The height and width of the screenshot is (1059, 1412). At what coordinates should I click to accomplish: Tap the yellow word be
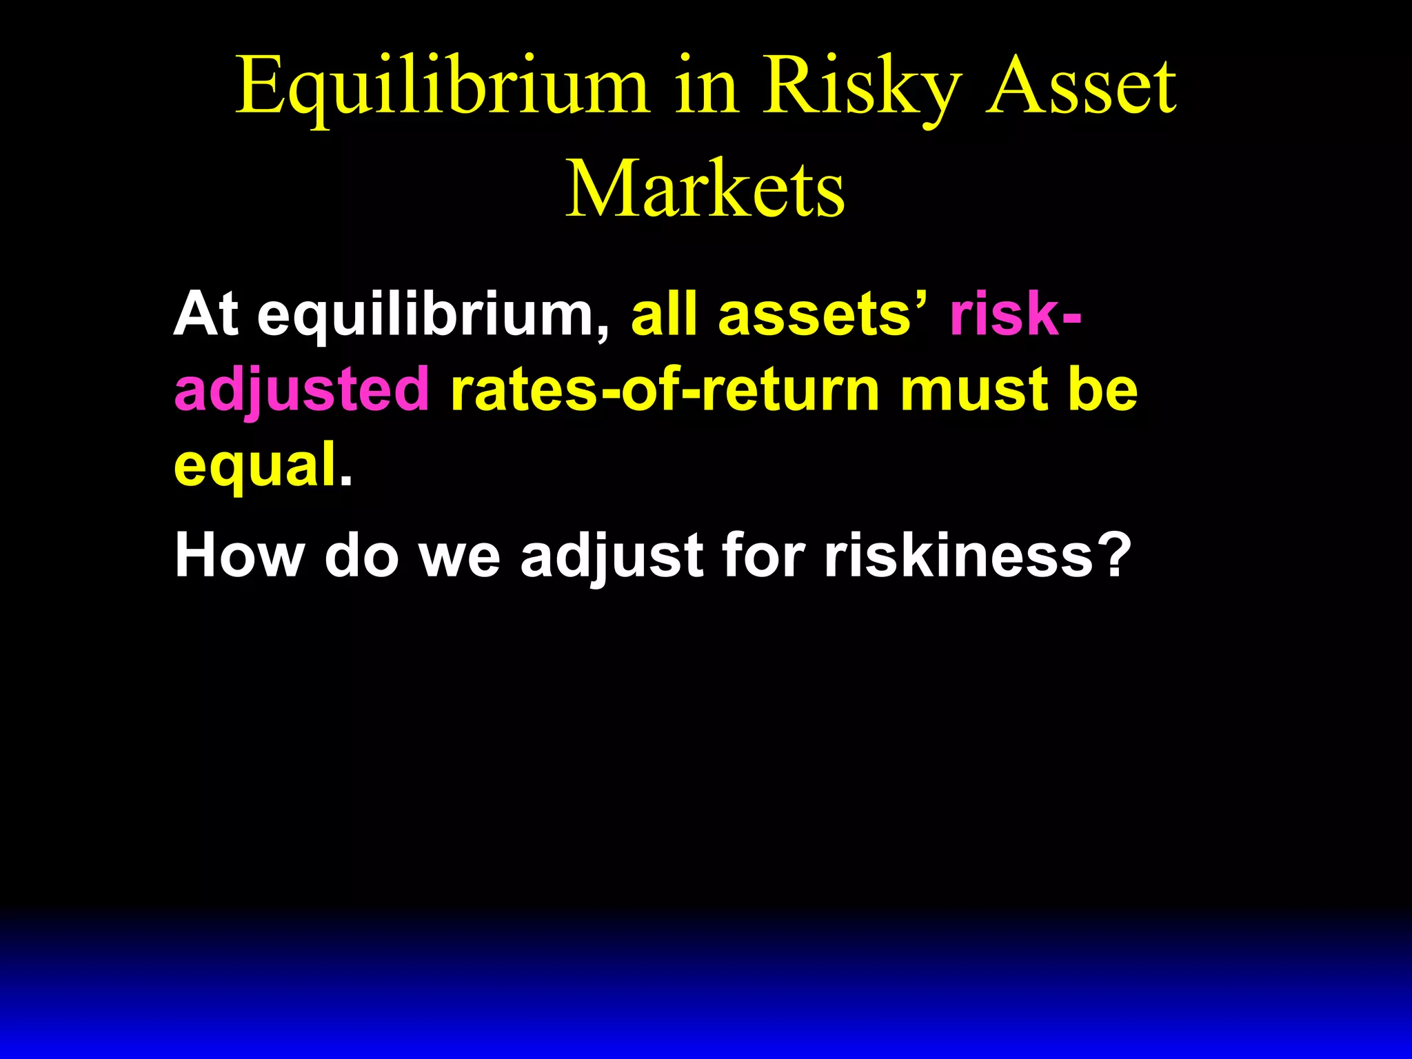[1102, 390]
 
